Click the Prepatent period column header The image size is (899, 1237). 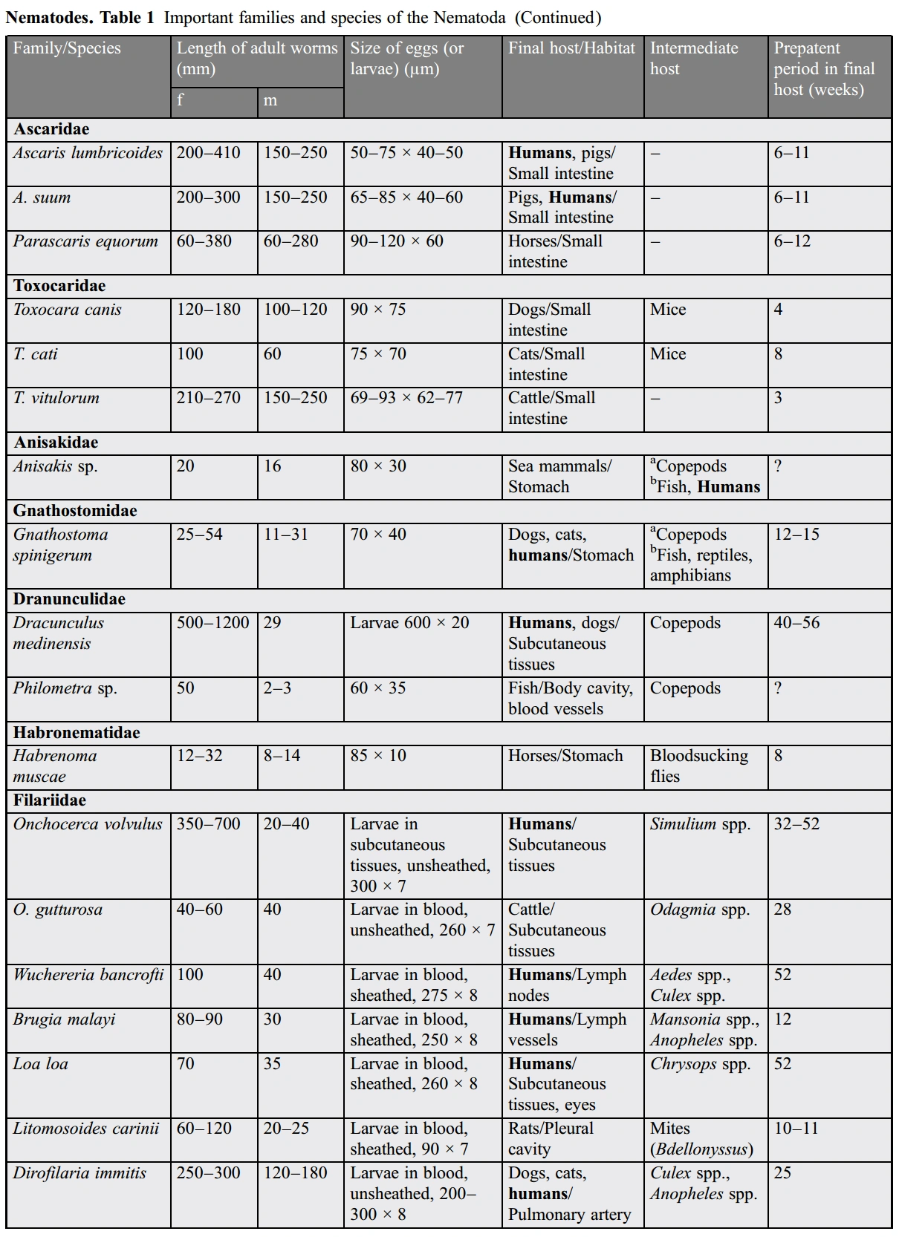pyautogui.click(x=823, y=69)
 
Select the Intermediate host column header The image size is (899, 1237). pyautogui.click(x=694, y=59)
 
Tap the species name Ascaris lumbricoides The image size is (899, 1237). pyautogui.click(x=88, y=153)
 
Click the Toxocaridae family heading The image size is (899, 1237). pyautogui.click(x=59, y=286)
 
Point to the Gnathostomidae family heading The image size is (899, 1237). pyautogui.click(x=75, y=511)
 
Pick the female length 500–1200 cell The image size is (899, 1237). pyautogui.click(x=212, y=623)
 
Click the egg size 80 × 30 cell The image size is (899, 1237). pyautogui.click(x=378, y=466)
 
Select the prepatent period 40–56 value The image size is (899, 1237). pyautogui.click(x=796, y=623)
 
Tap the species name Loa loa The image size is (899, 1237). pyautogui.click(x=41, y=1064)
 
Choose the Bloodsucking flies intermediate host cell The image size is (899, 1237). pyautogui.click(x=698, y=766)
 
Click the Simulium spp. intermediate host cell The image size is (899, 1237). pyautogui.click(x=700, y=824)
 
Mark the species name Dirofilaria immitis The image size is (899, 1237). pyautogui.click(x=79, y=1173)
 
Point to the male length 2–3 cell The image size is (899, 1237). pyautogui.click(x=277, y=688)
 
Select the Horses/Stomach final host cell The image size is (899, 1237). pyautogui.click(x=565, y=756)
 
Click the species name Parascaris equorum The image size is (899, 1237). pyautogui.click(x=85, y=241)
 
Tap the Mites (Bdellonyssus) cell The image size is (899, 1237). pyautogui.click(x=701, y=1139)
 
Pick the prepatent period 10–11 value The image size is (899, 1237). pyautogui.click(x=796, y=1129)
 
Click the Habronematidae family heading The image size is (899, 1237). pyautogui.click(x=77, y=733)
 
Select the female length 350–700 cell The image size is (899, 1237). pyautogui.click(x=208, y=824)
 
